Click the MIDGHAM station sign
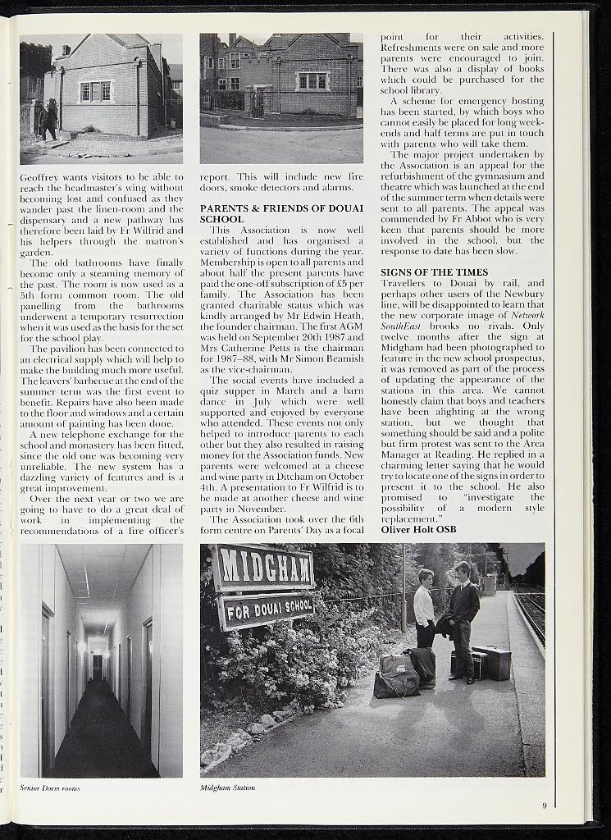click(262, 567)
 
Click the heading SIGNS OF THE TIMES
click(434, 272)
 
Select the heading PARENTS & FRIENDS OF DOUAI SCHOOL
click(281, 214)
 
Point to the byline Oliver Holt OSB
click(418, 530)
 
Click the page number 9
click(544, 806)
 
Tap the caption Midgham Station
click(227, 787)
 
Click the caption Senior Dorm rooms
click(49, 787)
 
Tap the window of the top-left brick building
click(96, 91)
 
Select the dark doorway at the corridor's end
click(98, 666)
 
